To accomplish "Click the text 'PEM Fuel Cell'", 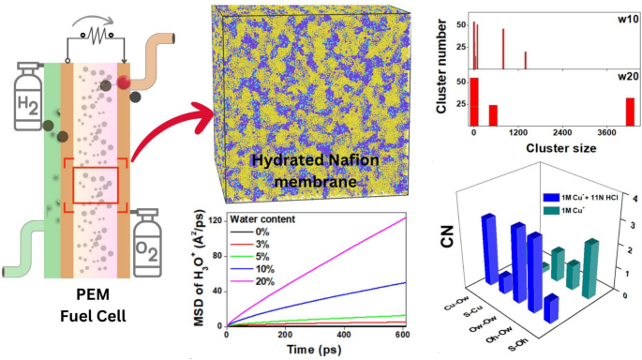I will tap(93, 318).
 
